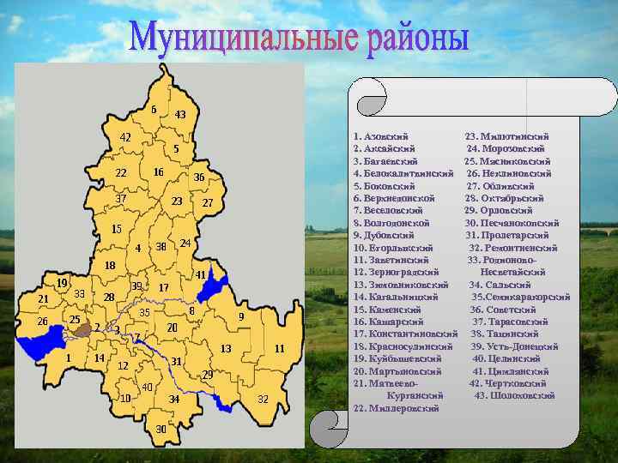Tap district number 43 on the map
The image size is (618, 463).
pyautogui.click(x=180, y=115)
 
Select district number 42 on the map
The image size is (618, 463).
pyautogui.click(x=125, y=137)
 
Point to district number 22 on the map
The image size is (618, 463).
pyautogui.click(x=121, y=173)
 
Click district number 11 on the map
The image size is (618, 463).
pyautogui.click(x=279, y=349)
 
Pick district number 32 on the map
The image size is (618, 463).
pyautogui.click(x=263, y=399)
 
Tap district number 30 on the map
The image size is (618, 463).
pyautogui.click(x=161, y=429)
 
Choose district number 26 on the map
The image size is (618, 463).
pyautogui.click(x=42, y=322)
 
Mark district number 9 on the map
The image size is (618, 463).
pyautogui.click(x=241, y=317)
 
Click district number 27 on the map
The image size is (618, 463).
pyautogui.click(x=207, y=203)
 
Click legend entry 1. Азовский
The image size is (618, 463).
pyautogui.click(x=380, y=136)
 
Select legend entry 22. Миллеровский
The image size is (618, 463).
pyautogui.click(x=396, y=408)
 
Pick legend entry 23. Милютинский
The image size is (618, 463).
pyautogui.click(x=506, y=136)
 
